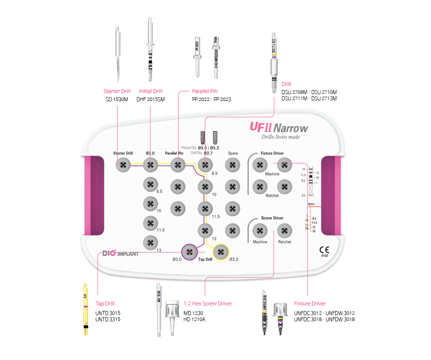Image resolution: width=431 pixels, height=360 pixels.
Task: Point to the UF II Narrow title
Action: pos(279,128)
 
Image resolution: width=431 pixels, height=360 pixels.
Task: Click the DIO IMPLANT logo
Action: pos(120,253)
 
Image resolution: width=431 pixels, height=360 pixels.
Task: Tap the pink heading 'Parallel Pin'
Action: pos(205,91)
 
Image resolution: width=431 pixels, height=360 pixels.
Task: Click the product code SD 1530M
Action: pos(117,100)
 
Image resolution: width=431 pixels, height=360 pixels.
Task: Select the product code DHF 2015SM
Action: pos(150,100)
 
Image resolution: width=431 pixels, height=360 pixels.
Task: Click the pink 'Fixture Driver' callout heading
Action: pos(310,303)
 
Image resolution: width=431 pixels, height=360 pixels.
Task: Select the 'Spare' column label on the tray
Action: pos(232,153)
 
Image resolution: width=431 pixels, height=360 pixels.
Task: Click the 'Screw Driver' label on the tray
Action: pos(272,218)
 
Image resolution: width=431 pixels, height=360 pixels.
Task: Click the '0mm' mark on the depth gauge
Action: pos(311,204)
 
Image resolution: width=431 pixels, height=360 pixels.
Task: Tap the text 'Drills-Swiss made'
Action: pos(281,137)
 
